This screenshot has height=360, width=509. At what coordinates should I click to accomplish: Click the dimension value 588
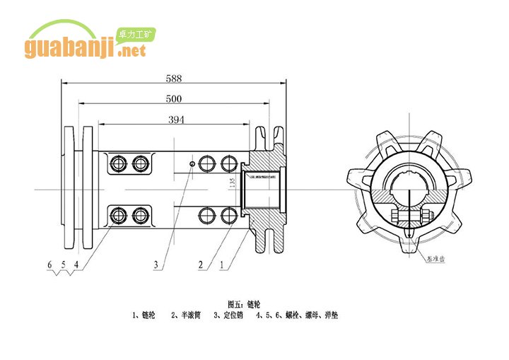(173, 77)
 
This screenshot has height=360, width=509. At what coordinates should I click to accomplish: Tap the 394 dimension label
(176, 120)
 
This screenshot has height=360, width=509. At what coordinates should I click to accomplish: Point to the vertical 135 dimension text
(232, 182)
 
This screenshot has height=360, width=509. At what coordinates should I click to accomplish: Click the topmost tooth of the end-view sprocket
(407, 133)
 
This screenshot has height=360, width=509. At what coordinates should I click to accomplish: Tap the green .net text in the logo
(132, 51)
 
